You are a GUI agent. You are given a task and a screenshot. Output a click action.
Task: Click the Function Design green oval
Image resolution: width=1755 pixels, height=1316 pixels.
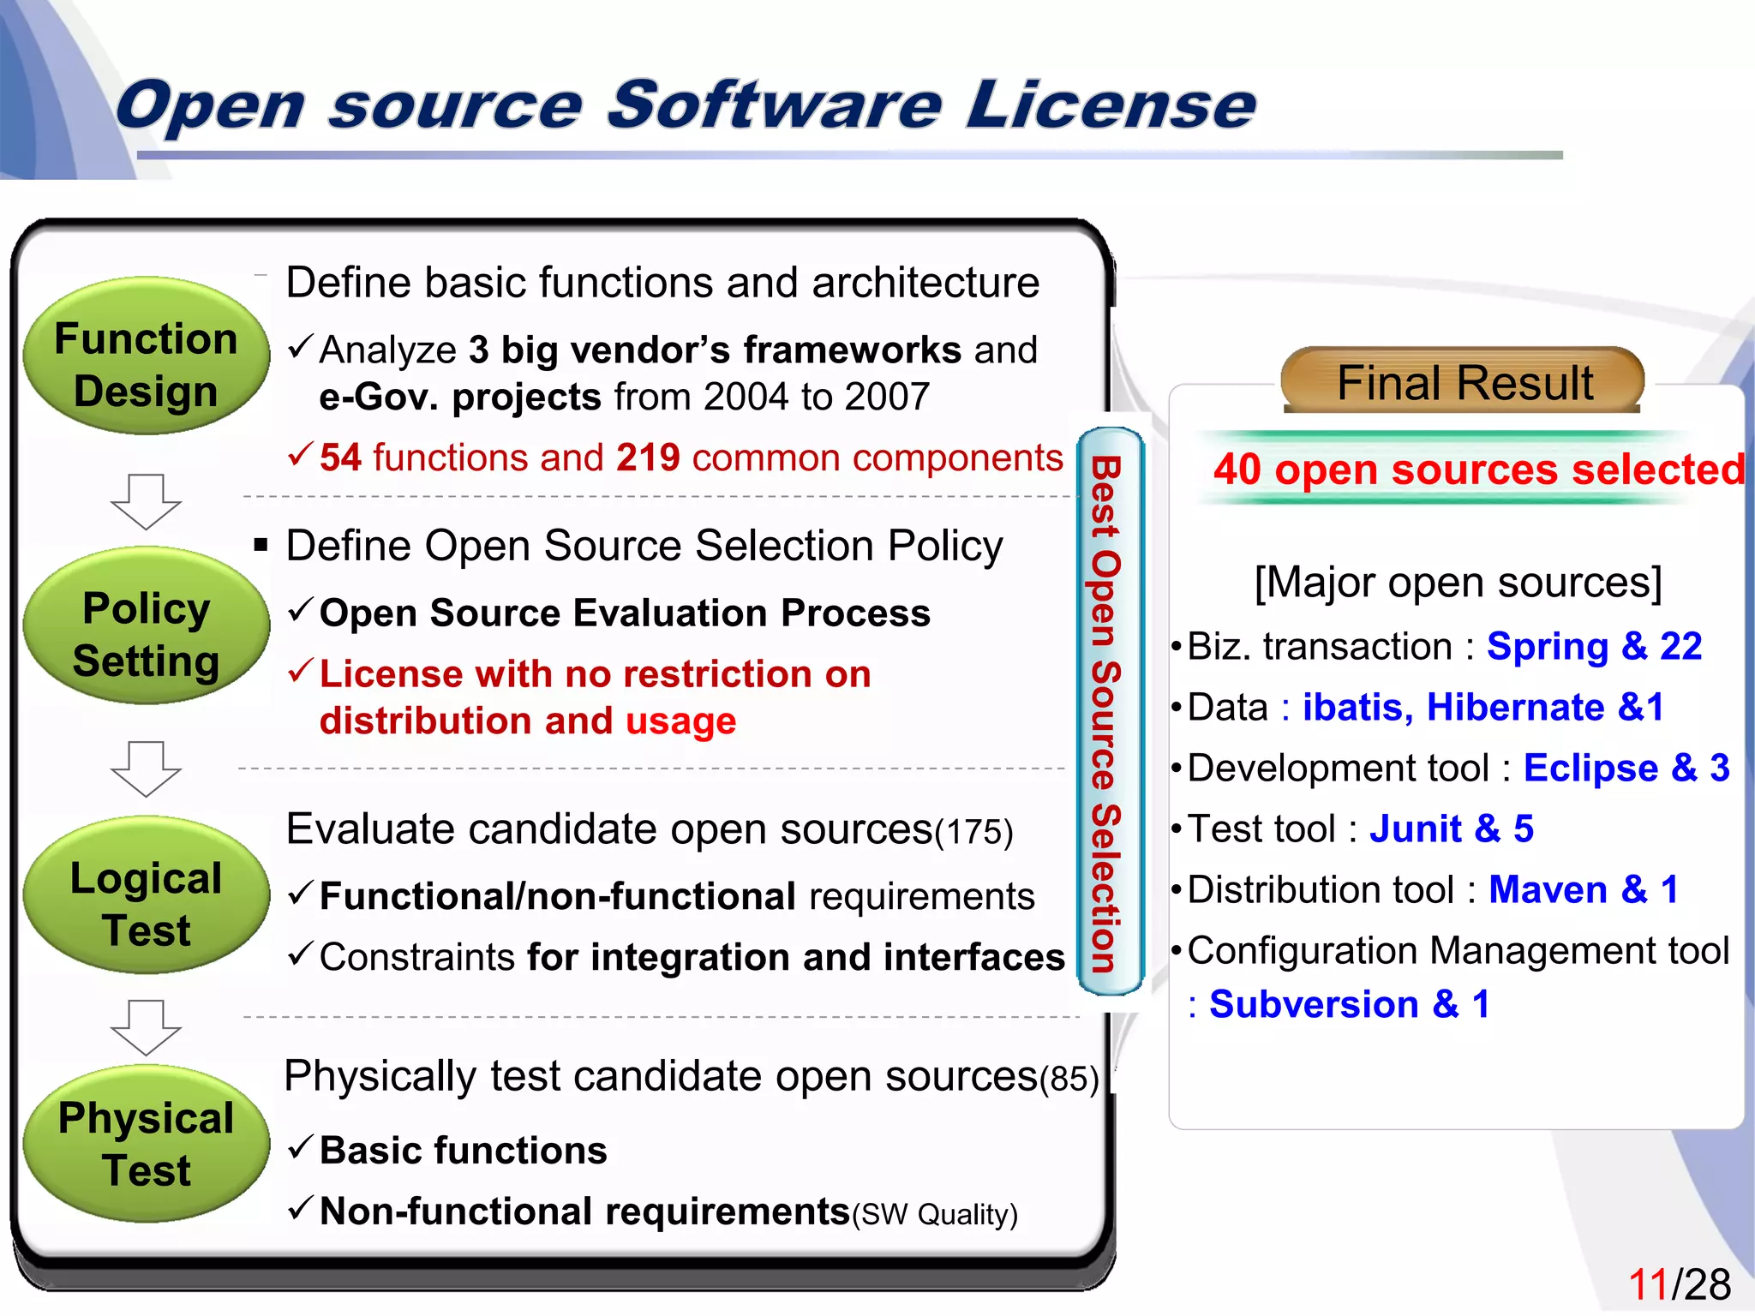click(146, 356)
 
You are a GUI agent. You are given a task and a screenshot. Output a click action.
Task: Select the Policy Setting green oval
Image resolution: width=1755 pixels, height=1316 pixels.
click(146, 625)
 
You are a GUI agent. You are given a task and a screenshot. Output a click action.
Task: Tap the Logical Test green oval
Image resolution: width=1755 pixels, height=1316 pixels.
click(146, 895)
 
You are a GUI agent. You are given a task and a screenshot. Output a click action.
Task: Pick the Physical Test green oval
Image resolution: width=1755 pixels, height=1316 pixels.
click(146, 1144)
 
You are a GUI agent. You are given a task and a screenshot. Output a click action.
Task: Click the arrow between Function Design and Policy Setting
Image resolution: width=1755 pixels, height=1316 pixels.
click(146, 502)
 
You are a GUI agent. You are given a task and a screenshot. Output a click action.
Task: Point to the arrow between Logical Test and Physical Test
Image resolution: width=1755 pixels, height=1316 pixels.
click(146, 1027)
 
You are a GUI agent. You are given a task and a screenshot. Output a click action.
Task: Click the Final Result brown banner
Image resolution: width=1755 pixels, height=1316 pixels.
click(1463, 381)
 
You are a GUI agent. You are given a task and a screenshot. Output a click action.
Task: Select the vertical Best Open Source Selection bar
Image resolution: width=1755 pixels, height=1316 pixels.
click(1109, 711)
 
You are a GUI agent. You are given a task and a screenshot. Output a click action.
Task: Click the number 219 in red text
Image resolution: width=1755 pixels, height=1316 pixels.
click(648, 458)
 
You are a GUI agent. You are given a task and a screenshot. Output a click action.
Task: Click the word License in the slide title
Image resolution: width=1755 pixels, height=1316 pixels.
click(1111, 105)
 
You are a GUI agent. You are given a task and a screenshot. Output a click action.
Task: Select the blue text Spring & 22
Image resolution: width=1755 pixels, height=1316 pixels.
click(1593, 646)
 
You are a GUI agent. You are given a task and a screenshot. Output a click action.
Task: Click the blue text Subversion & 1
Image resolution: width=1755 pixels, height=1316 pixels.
click(1349, 1004)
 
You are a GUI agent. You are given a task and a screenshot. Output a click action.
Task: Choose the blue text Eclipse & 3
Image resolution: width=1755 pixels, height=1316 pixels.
click(1626, 768)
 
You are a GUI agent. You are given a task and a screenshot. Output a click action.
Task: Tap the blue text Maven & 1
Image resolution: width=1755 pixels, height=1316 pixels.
click(1583, 889)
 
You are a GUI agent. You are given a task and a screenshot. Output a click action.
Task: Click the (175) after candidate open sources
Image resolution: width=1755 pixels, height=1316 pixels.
click(973, 832)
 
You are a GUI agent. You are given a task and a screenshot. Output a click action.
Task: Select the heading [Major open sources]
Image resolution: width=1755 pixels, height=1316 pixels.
click(1458, 583)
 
